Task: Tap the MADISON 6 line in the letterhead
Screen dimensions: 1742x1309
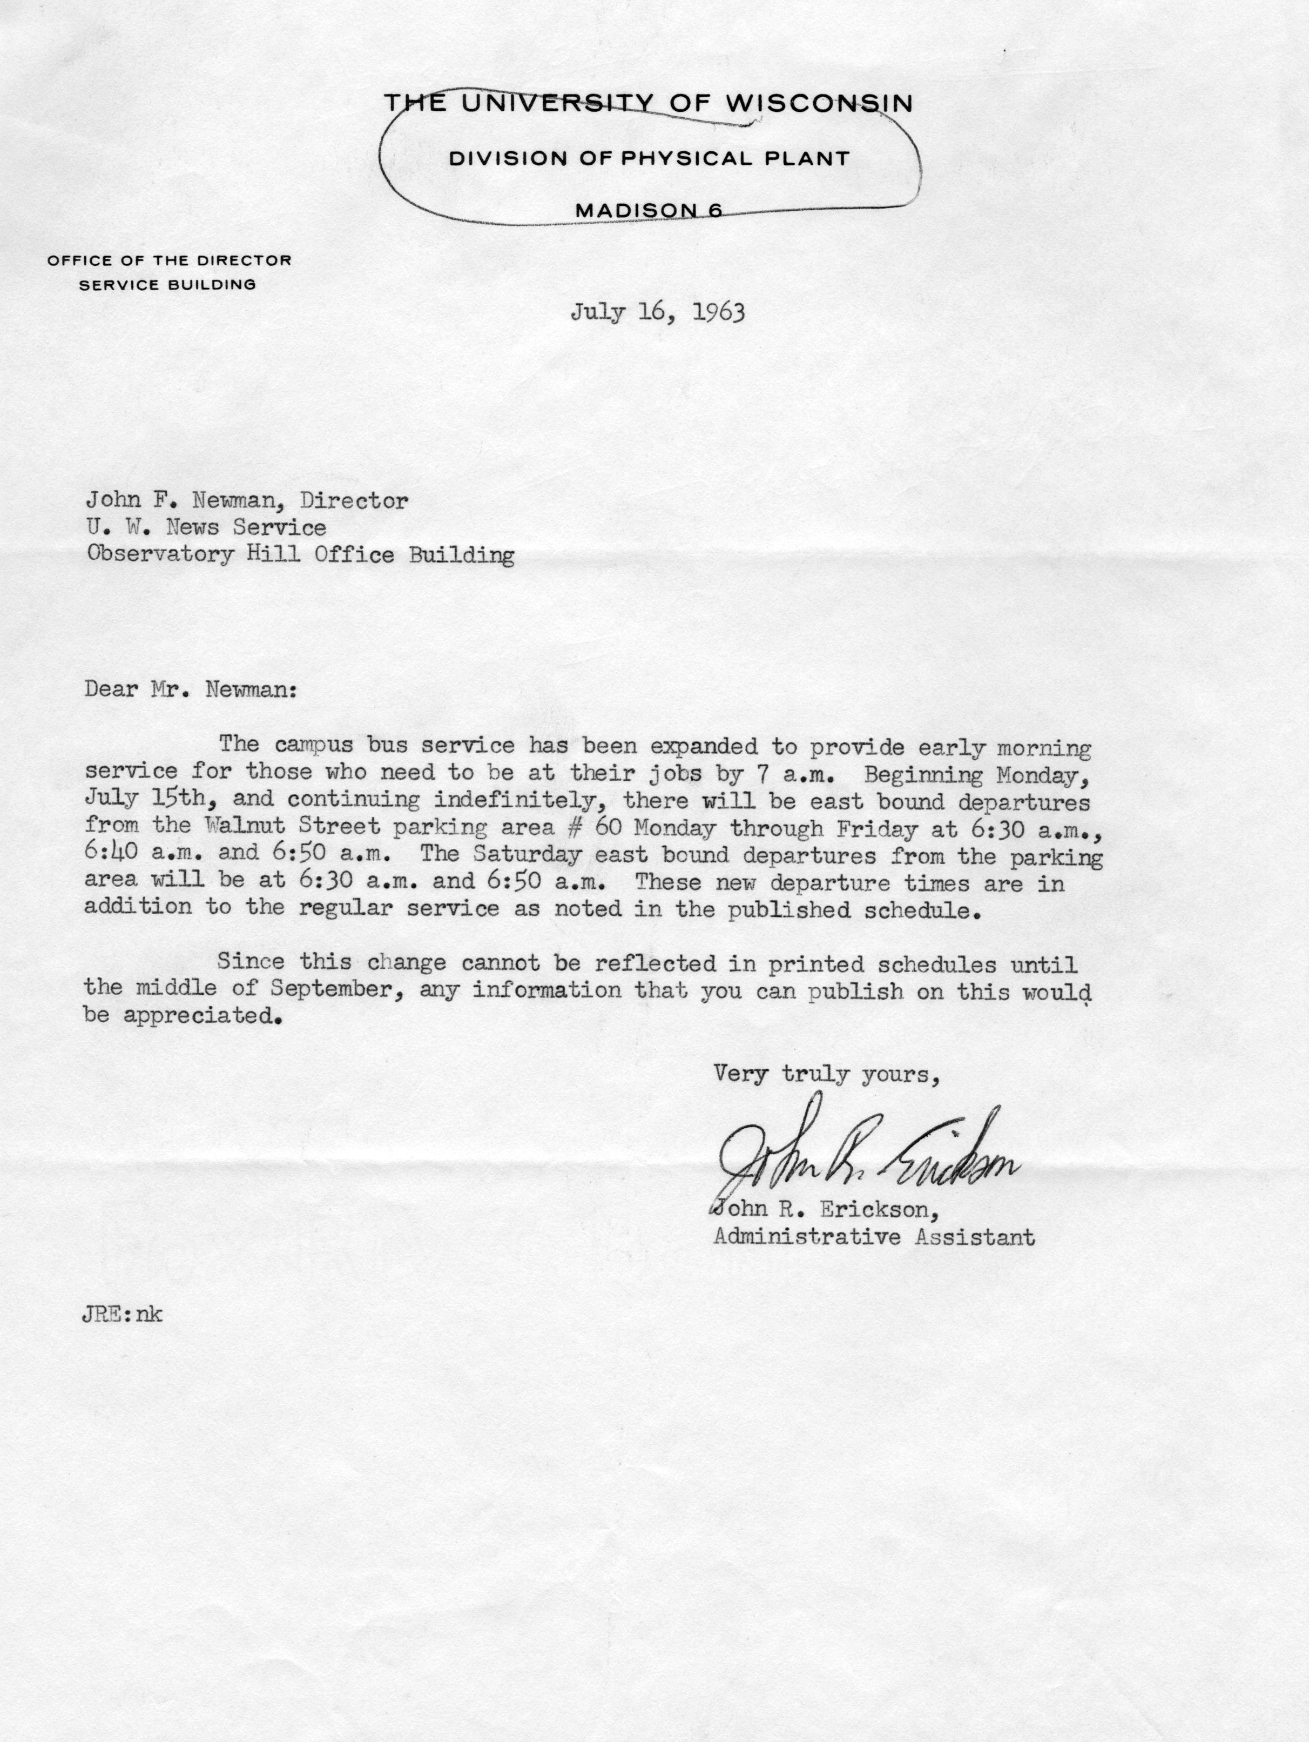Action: tap(649, 210)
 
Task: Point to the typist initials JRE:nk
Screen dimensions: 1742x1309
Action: tap(123, 1315)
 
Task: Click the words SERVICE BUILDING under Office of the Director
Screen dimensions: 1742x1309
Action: tap(167, 285)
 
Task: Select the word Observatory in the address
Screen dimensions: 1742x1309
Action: tap(160, 556)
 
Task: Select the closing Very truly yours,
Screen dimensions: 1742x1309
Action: tap(826, 1074)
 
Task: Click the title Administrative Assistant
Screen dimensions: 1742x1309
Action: tap(874, 1237)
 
